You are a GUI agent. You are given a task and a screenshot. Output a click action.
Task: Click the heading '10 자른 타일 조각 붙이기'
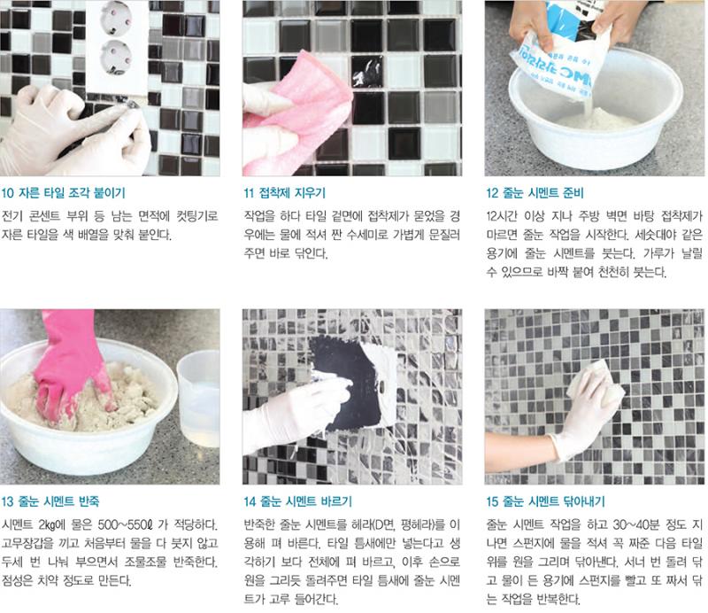pyautogui.click(x=63, y=193)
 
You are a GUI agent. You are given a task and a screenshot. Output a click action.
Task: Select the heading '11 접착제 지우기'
pyautogui.click(x=284, y=193)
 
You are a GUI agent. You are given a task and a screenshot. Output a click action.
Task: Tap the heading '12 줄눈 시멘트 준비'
pyautogui.click(x=535, y=193)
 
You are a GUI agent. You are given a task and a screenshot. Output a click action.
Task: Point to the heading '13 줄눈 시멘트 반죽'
pyautogui.click(x=50, y=501)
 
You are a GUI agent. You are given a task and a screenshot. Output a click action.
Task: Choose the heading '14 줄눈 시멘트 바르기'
pyautogui.click(x=297, y=501)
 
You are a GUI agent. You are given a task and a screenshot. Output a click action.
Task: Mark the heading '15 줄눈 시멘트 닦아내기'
pyautogui.click(x=545, y=501)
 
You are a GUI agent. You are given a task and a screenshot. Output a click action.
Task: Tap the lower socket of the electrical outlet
pyautogui.click(x=116, y=58)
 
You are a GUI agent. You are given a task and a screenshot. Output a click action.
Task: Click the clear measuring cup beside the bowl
pyautogui.click(x=198, y=398)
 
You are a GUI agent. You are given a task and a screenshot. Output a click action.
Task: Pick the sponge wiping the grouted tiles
pyautogui.click(x=595, y=384)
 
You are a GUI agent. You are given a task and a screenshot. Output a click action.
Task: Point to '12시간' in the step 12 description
pyautogui.click(x=502, y=215)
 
